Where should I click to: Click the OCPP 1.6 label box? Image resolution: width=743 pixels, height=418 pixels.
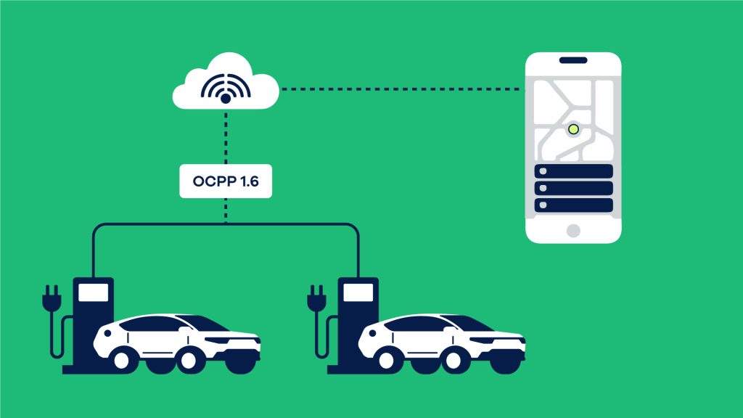tap(226, 182)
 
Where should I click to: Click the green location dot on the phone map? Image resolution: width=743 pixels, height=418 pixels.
tap(573, 129)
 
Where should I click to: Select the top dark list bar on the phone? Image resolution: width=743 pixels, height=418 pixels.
tap(573, 171)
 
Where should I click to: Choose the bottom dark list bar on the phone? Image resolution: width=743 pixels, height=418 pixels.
tap(573, 205)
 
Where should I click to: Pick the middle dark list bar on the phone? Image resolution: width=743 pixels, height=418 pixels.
tap(573, 189)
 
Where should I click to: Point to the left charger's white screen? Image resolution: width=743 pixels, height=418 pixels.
tap(93, 292)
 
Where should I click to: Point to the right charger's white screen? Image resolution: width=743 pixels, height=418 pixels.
tap(358, 292)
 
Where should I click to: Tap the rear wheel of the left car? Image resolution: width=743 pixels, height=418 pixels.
tap(190, 356)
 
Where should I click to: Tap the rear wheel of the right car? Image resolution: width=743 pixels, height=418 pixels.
tap(455, 356)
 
